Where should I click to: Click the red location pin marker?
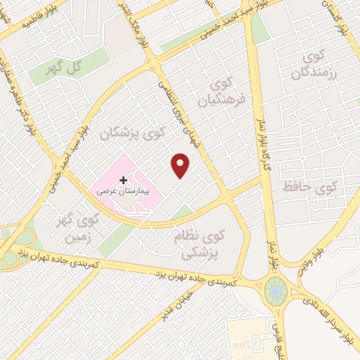[181, 165]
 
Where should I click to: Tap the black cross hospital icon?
[124, 180]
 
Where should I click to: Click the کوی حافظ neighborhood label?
[311, 188]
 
